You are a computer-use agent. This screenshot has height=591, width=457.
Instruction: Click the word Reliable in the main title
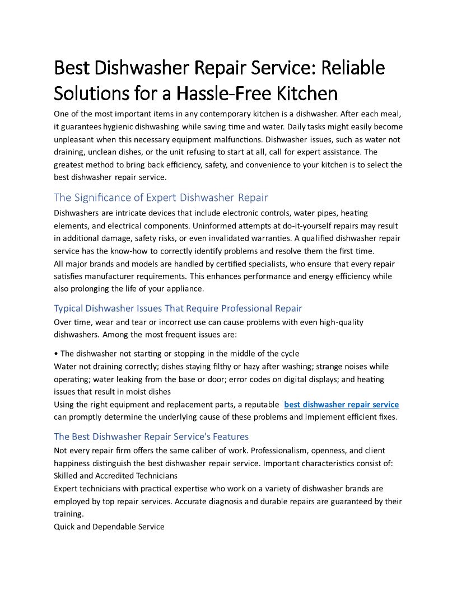[x=356, y=68]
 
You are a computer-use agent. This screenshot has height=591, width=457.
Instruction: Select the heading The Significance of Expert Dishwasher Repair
[x=161, y=197]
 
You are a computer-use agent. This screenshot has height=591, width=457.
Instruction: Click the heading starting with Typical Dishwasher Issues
[x=178, y=308]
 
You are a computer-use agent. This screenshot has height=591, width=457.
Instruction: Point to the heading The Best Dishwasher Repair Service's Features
[x=151, y=436]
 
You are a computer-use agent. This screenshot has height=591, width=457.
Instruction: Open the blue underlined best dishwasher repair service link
[x=342, y=405]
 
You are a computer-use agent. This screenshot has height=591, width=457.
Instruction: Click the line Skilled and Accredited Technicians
[x=115, y=476]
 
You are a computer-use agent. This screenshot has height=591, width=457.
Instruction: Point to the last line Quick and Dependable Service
[x=109, y=527]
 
